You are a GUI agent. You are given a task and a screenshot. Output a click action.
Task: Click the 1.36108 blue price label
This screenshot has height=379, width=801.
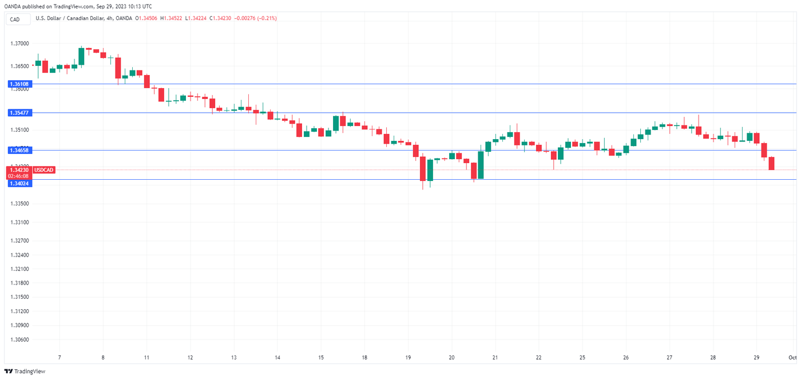pos(20,84)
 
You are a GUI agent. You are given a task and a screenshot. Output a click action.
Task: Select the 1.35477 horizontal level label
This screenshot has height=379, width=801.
pos(20,113)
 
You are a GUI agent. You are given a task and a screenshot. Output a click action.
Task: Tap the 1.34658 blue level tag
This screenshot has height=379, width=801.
pos(20,150)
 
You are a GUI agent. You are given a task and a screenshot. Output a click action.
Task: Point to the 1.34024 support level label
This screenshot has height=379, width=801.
pos(20,184)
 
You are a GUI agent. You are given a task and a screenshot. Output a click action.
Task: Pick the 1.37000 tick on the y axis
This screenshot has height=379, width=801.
pos(20,44)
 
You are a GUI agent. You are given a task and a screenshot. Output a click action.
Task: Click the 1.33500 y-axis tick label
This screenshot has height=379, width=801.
pos(20,204)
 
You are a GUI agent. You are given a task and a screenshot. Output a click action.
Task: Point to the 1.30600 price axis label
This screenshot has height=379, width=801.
pos(20,339)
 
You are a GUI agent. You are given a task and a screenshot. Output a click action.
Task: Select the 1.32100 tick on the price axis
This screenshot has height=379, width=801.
pos(20,269)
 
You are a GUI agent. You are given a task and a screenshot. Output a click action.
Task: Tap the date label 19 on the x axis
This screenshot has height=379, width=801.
pos(408,357)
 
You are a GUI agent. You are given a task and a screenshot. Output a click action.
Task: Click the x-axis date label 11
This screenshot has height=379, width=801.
pos(146,357)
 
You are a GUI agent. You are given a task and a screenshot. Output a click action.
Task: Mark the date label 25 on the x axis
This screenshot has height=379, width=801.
pos(582,357)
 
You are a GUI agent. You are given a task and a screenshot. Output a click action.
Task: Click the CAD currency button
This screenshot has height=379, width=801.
pos(15,19)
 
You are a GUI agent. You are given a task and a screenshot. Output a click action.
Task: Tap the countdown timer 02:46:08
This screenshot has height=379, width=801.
pos(20,176)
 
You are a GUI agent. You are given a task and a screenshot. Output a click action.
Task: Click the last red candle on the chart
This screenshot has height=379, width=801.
pos(771,163)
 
